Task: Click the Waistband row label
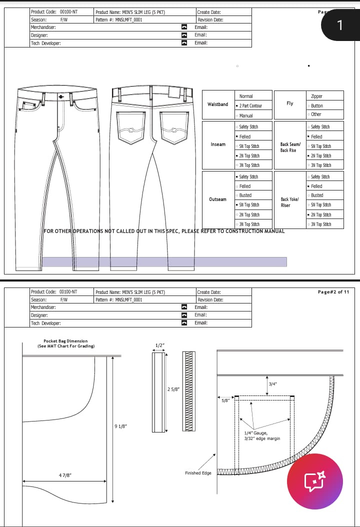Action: [217, 104]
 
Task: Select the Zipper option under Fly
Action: [316, 96]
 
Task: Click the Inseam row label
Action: [218, 144]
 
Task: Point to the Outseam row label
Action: [217, 199]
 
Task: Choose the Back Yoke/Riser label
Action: [289, 202]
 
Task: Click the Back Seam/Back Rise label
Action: [290, 147]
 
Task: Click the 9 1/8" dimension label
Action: [121, 426]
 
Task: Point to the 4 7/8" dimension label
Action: [64, 475]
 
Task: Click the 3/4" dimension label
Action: [272, 384]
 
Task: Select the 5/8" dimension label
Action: [226, 400]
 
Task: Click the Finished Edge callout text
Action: [198, 473]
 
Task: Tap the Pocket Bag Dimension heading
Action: [65, 343]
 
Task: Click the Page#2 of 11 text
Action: [333, 292]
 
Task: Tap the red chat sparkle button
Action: [314, 481]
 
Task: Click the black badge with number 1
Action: [340, 25]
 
